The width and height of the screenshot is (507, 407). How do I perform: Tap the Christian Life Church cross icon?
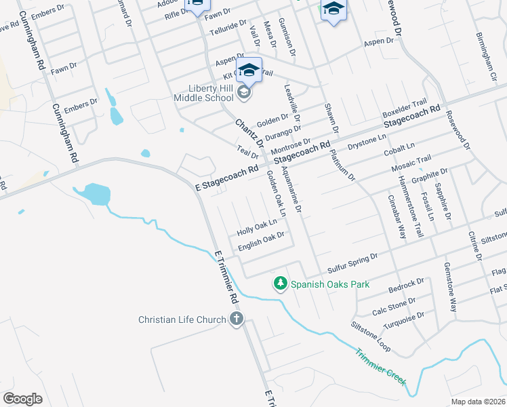click(x=236, y=319)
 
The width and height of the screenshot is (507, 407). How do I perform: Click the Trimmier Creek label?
click(x=380, y=366)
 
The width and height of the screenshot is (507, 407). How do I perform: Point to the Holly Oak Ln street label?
click(x=258, y=227)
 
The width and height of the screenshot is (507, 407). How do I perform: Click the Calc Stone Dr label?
click(x=394, y=305)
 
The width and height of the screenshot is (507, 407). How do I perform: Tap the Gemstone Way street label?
click(x=449, y=286)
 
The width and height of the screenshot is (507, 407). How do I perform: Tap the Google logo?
click(x=22, y=398)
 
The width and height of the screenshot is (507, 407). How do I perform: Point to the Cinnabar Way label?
click(x=397, y=217)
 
